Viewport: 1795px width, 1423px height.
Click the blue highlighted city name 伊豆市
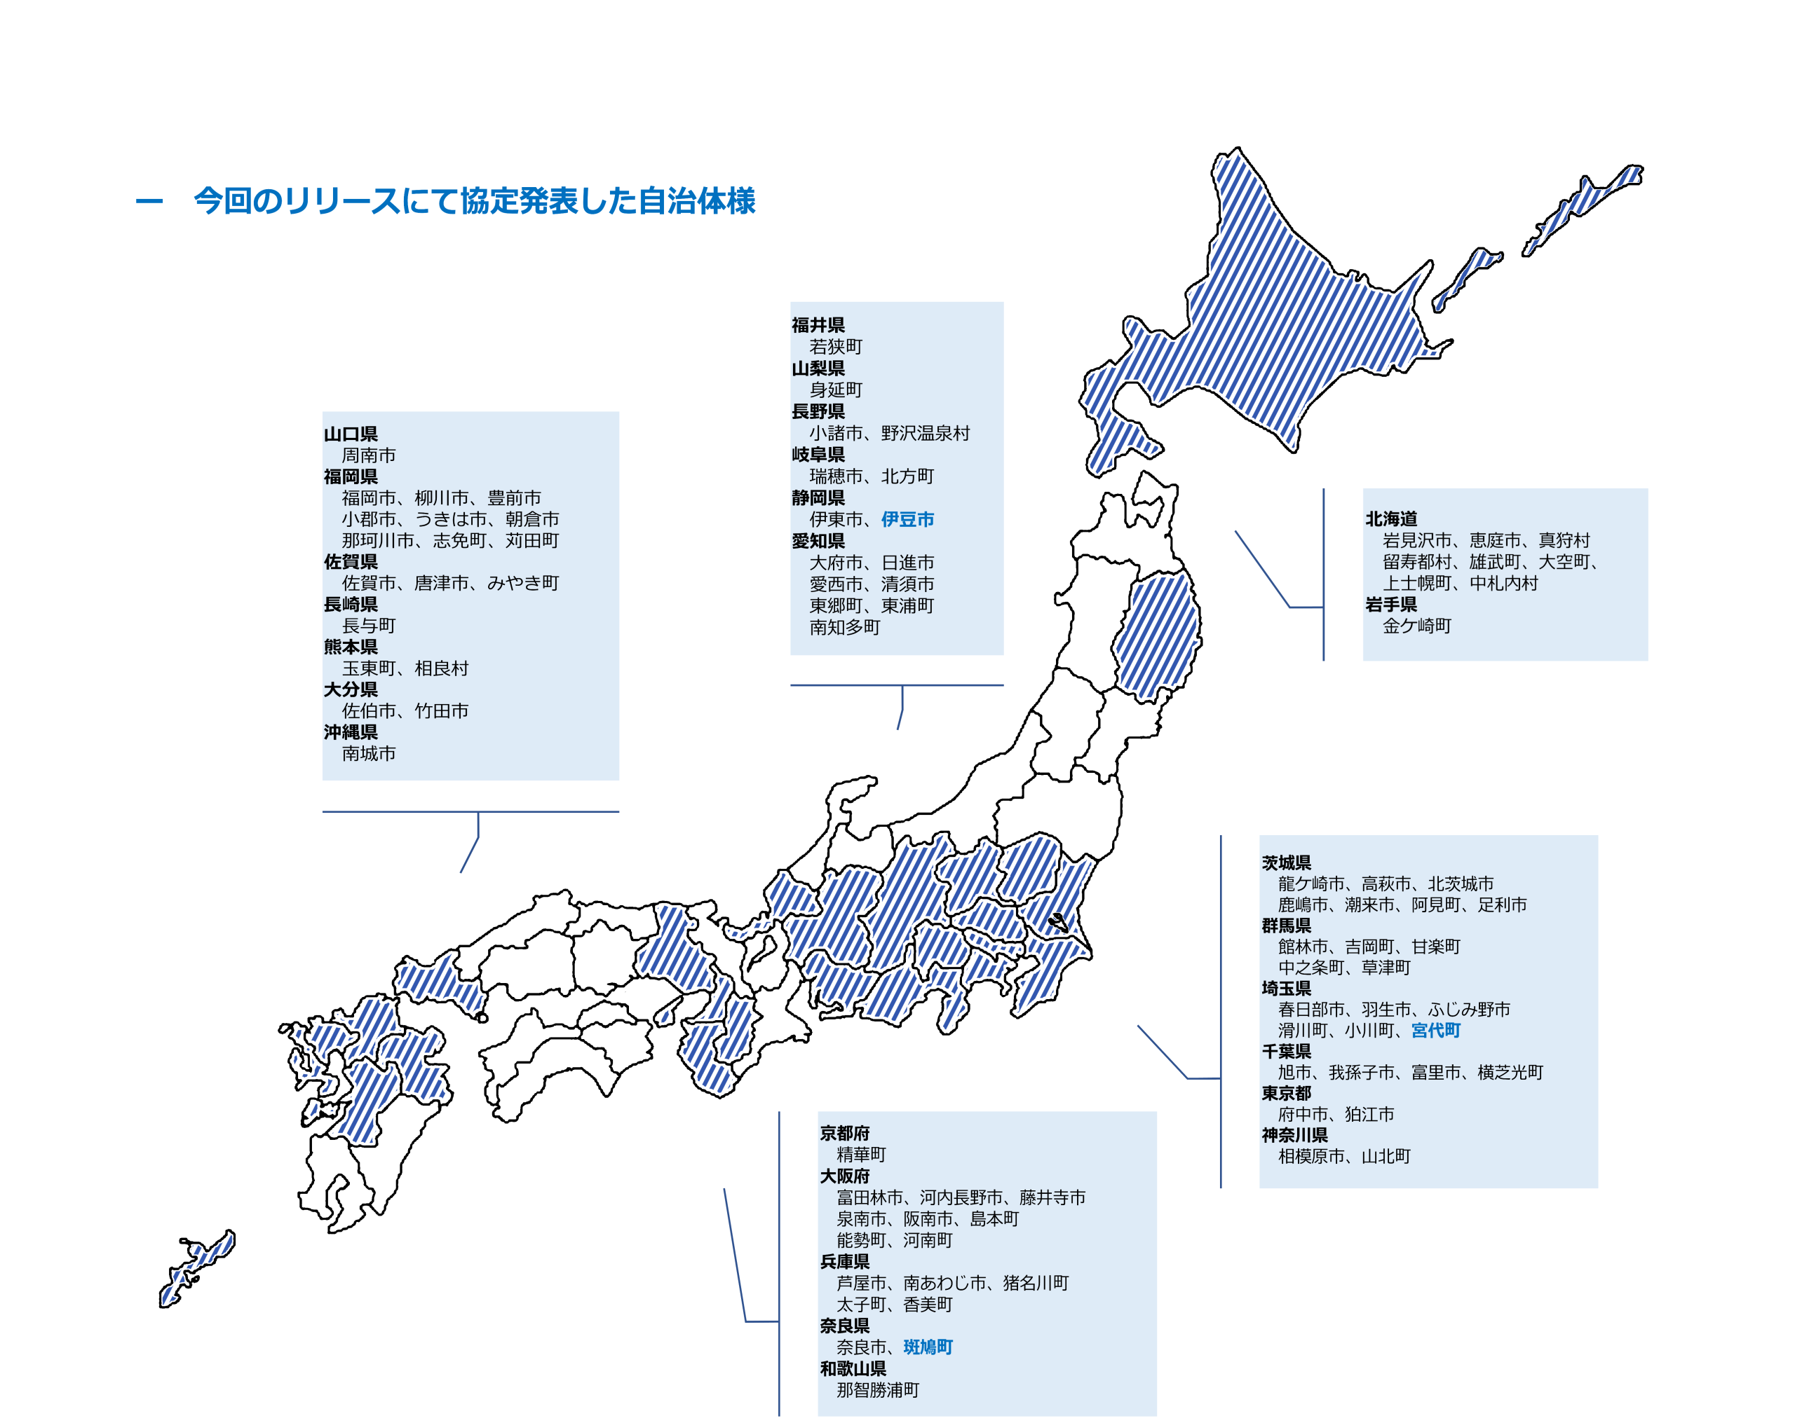(x=907, y=519)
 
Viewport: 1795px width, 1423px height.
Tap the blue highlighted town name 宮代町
(x=1435, y=1030)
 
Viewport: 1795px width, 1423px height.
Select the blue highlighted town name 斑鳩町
(x=928, y=1347)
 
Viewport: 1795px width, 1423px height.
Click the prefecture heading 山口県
(x=351, y=434)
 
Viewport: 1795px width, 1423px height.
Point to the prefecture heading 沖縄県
(x=351, y=731)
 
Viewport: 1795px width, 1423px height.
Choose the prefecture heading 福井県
(x=818, y=324)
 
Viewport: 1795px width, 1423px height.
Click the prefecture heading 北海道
(x=1390, y=518)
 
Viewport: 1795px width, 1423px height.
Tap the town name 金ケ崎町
(x=1416, y=626)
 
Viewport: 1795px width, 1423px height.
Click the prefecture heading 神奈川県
(x=1294, y=1135)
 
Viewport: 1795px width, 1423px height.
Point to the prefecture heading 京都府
(x=844, y=1132)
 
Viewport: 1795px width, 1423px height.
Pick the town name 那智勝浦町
(x=878, y=1389)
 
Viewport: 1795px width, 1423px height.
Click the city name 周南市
(x=369, y=455)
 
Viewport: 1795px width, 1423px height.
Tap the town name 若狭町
(x=836, y=346)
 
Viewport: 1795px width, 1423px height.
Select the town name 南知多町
(x=844, y=628)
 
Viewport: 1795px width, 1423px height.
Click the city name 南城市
(x=369, y=753)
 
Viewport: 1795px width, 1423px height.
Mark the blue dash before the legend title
(x=149, y=200)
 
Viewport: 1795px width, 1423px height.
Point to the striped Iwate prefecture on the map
(x=1157, y=637)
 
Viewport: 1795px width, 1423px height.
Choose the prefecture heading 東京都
(x=1287, y=1092)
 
